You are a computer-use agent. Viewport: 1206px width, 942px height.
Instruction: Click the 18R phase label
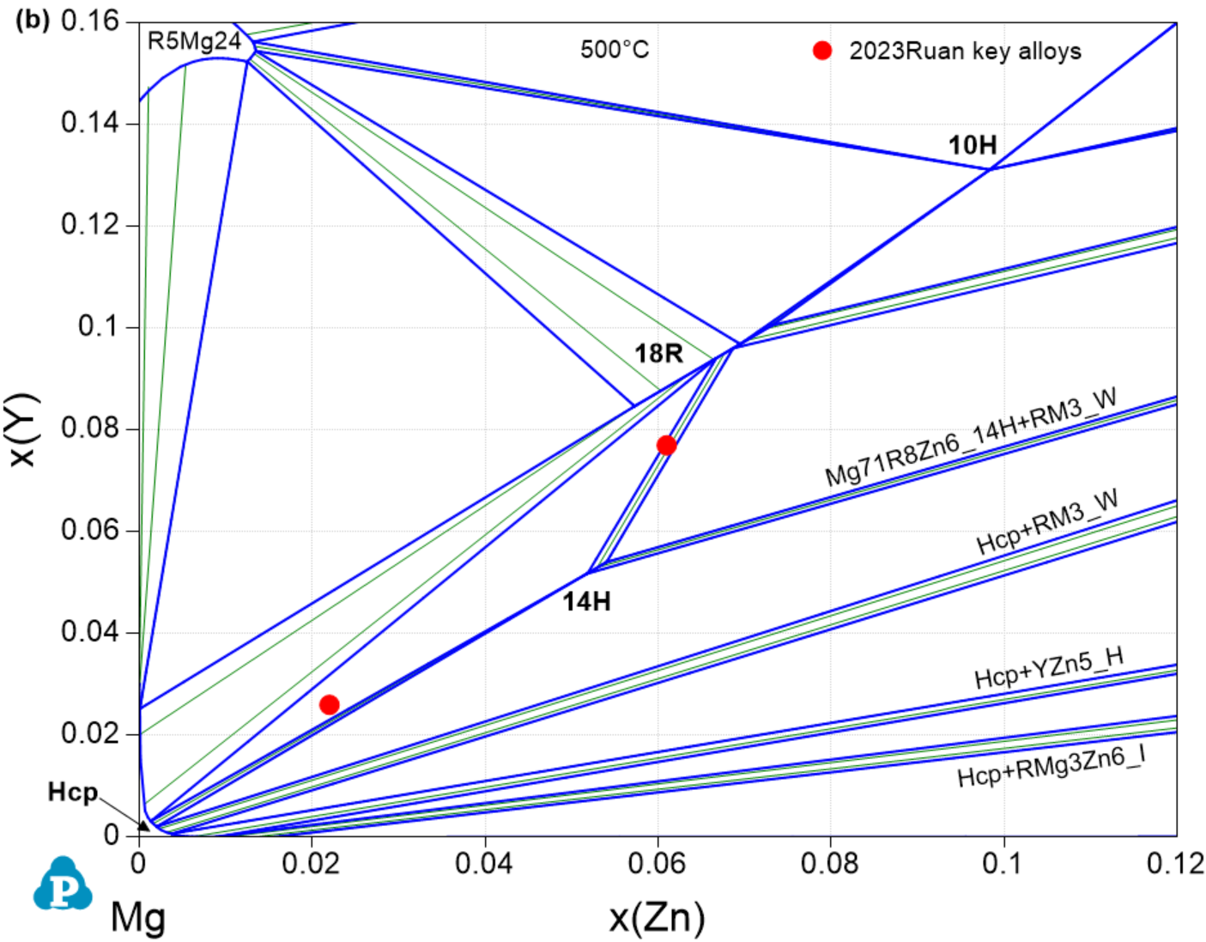658,353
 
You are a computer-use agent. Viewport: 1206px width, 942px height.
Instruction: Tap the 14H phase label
586,601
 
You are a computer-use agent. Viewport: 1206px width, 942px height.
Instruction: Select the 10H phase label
972,145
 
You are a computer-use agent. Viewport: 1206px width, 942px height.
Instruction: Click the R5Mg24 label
194,41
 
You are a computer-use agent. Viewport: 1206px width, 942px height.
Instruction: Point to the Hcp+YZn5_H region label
1049,669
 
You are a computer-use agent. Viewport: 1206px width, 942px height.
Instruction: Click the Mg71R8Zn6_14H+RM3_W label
971,437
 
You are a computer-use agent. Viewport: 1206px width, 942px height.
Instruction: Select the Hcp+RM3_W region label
1047,523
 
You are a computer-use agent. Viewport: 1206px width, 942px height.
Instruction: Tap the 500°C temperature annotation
615,50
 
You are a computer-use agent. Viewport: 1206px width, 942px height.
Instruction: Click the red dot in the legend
822,51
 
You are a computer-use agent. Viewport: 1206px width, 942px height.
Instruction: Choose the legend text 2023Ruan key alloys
965,52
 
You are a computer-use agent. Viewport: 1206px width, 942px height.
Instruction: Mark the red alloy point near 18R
666,445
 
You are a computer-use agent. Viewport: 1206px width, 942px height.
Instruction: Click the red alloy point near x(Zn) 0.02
329,705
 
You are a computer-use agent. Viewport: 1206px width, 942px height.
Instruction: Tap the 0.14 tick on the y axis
89,123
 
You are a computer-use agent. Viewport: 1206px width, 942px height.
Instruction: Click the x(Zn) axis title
658,917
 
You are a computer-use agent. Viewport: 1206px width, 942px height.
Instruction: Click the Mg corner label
137,917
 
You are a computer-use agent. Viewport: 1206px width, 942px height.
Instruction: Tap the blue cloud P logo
63,884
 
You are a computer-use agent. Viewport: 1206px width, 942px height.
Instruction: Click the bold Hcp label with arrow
73,792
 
